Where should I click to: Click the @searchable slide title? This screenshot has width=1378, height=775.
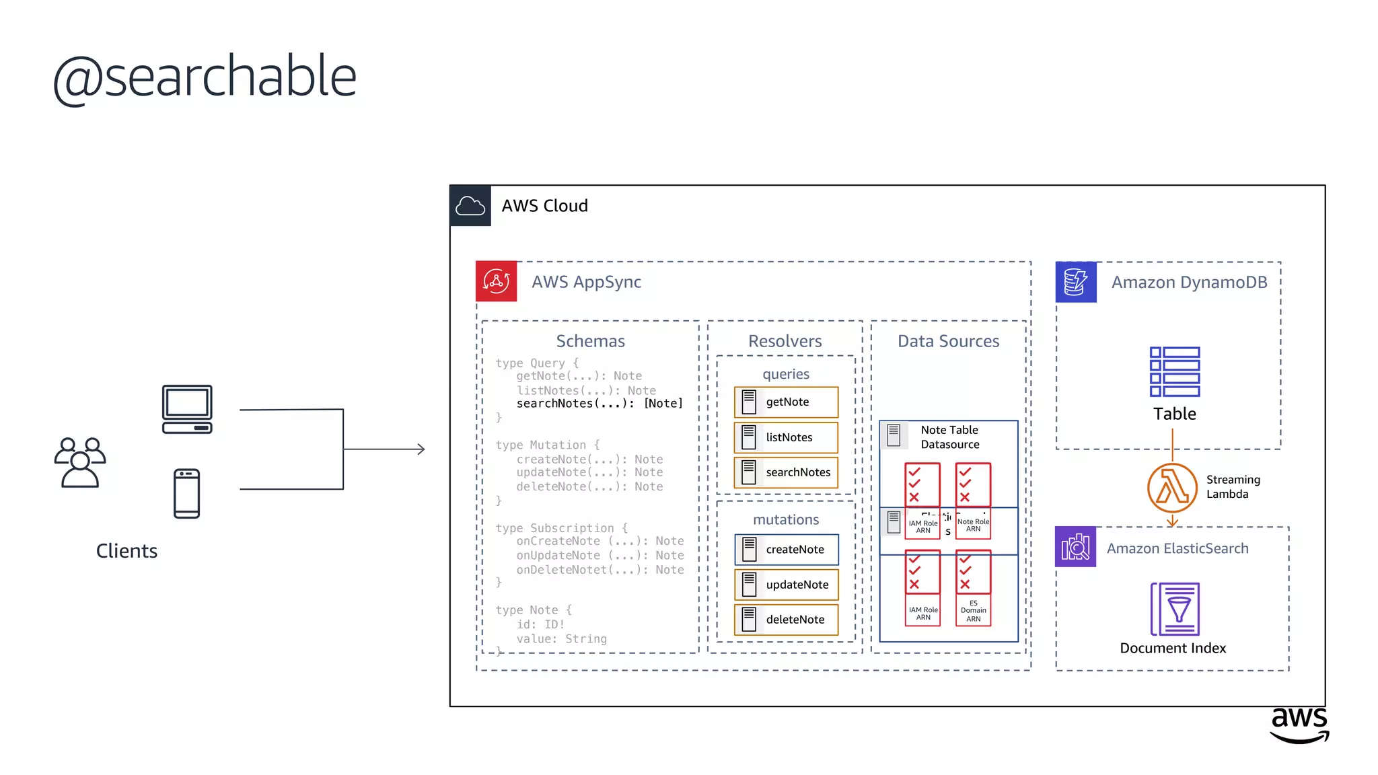point(205,77)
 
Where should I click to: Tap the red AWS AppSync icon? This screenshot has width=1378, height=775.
point(496,281)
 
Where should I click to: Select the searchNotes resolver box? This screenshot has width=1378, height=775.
point(786,472)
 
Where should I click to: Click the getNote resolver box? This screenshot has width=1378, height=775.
point(786,402)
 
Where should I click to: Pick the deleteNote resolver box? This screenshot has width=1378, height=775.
point(786,620)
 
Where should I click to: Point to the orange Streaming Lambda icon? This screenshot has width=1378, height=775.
point(1172,488)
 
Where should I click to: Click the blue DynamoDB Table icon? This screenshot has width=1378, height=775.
point(1175,372)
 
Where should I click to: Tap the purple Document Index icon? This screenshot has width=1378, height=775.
point(1175,609)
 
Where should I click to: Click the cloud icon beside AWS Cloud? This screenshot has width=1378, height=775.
point(470,206)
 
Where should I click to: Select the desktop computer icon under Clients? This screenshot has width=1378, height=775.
point(187,409)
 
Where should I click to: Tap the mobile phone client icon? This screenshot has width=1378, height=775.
point(186,494)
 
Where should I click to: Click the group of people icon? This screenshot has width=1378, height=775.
point(80,462)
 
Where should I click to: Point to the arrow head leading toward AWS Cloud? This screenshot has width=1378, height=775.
point(421,449)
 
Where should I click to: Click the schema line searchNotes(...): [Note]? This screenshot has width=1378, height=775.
point(600,404)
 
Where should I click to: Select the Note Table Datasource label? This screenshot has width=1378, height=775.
point(949,437)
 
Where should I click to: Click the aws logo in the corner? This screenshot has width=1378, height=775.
point(1299,725)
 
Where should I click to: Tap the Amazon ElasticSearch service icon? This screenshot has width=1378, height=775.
point(1075,547)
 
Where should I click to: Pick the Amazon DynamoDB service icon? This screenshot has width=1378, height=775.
point(1076,282)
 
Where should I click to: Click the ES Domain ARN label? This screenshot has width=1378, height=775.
point(973,611)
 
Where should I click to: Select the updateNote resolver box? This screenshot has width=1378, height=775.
point(786,585)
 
